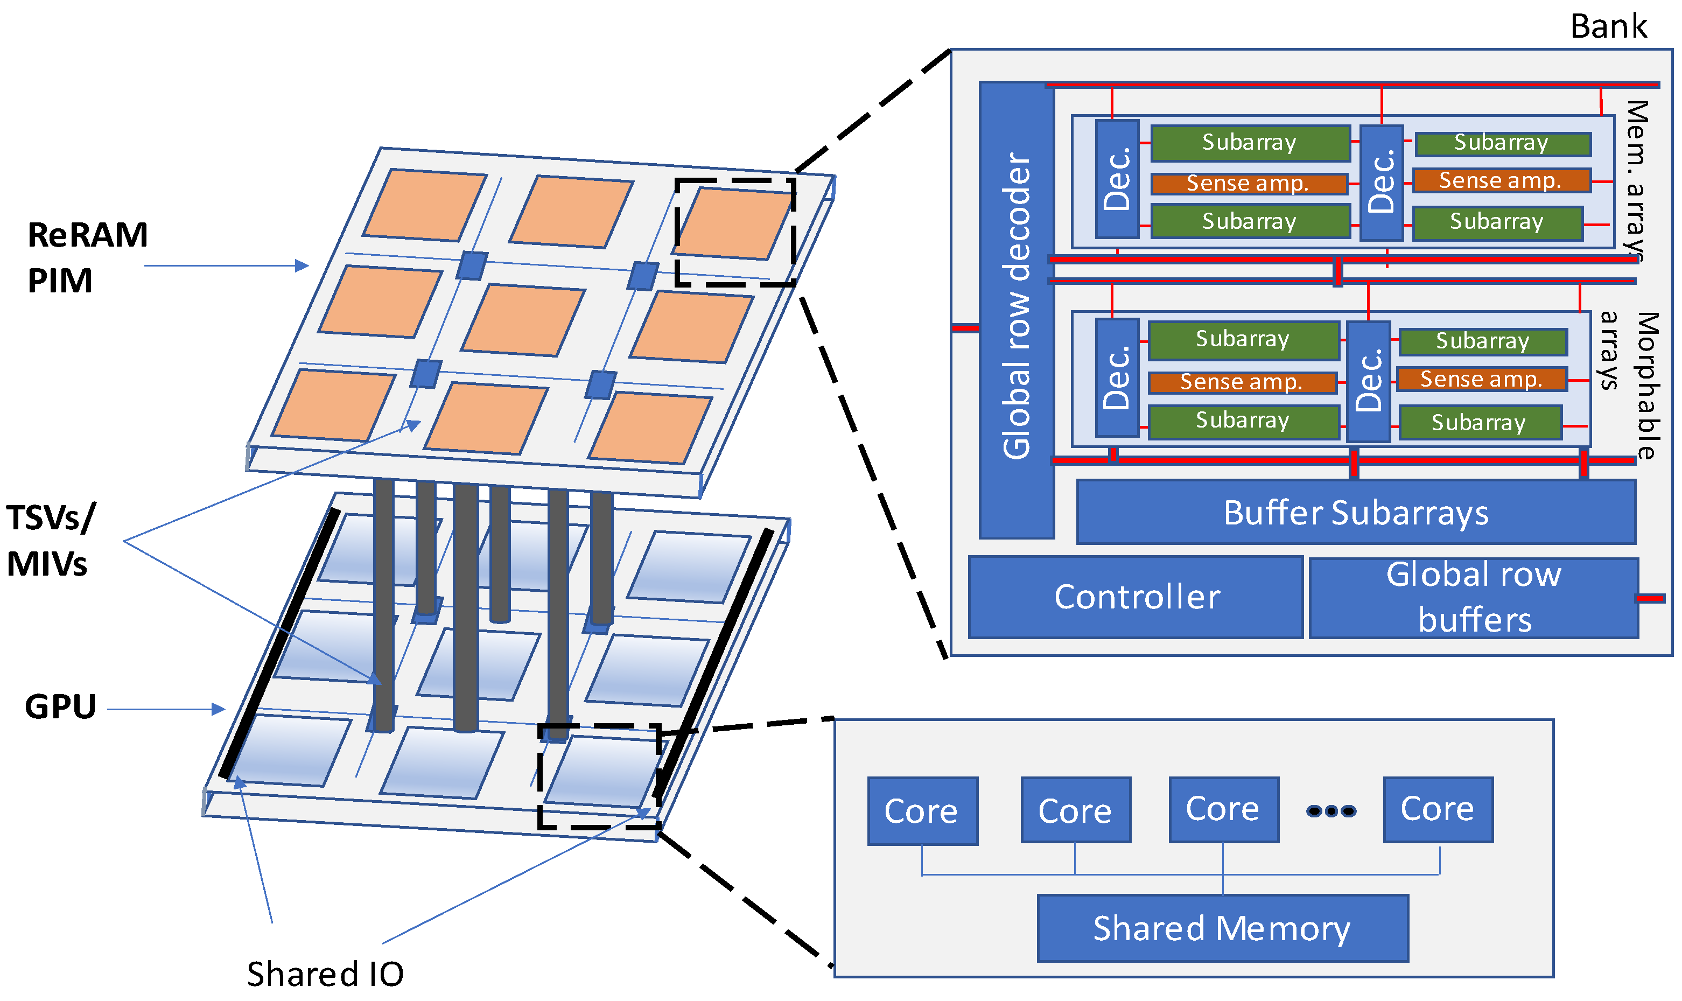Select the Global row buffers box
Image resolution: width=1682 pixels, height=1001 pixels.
(x=1473, y=598)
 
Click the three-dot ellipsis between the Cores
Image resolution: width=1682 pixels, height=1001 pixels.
(x=1330, y=811)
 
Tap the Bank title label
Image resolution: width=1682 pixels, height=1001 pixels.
(x=1608, y=27)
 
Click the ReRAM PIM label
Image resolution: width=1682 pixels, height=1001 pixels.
(x=86, y=258)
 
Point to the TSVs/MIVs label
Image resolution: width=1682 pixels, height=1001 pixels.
(x=50, y=540)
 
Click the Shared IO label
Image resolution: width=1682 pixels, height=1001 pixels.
(x=325, y=974)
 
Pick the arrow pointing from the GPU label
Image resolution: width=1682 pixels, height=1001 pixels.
(x=166, y=709)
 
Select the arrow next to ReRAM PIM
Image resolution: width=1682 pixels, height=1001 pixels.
(x=226, y=266)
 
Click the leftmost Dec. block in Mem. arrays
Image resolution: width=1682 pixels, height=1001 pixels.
(x=1116, y=179)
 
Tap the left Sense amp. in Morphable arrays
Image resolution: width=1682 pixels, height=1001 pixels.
(x=1242, y=382)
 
